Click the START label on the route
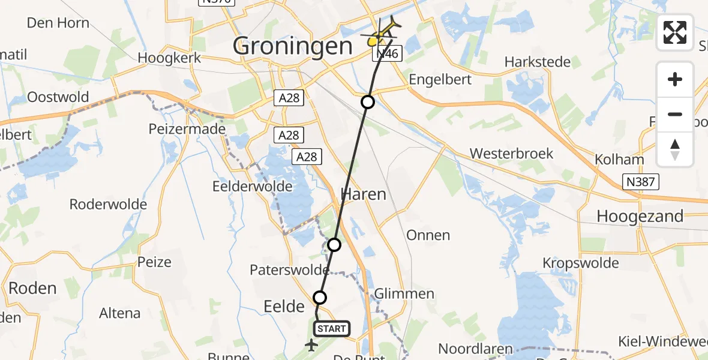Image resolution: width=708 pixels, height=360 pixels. coord(331,328)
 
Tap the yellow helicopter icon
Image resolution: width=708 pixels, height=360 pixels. coord(382,34)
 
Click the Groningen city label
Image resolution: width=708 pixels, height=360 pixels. coord(292,46)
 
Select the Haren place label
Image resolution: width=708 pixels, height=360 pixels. coord(364,194)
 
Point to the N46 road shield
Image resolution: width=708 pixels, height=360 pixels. coord(386,55)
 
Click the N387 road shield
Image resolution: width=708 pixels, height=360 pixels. coord(641,182)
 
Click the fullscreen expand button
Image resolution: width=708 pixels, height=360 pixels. coord(675,32)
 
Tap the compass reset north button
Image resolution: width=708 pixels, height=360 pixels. coord(675,149)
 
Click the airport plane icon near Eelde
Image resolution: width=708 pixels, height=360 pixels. coord(311,344)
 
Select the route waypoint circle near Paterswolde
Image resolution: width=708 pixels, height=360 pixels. coord(334,245)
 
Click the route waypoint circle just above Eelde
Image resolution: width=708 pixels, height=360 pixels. coord(320,297)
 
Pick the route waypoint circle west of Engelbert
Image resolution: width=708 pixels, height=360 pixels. coord(368,102)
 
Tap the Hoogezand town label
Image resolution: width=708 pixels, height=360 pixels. coord(640,216)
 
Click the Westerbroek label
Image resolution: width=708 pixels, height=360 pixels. coord(511,154)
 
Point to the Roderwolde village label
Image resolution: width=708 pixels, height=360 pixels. coord(108,205)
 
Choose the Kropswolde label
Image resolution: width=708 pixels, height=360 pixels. coord(580,263)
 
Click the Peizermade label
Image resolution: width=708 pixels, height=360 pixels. coord(188,129)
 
